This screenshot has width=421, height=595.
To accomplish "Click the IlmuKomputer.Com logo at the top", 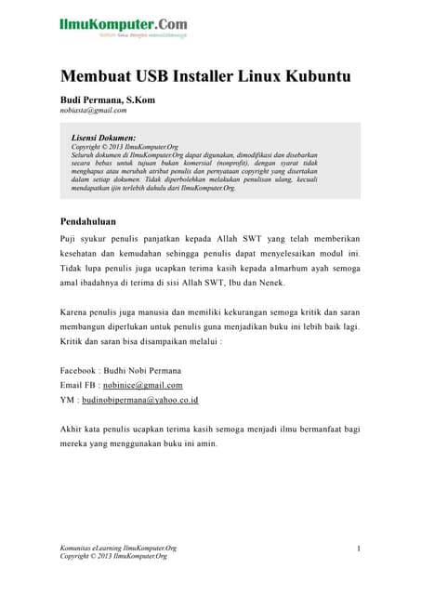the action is [x=124, y=25].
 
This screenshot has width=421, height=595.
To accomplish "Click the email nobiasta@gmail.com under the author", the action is [x=93, y=110].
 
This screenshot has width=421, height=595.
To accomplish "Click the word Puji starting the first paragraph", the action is [x=69, y=239].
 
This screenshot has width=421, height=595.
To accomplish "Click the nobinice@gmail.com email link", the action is [x=142, y=385].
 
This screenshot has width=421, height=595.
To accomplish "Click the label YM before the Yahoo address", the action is [x=67, y=400].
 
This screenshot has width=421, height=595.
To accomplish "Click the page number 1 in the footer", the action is [x=358, y=549].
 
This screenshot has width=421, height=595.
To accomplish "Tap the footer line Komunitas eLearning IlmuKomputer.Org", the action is [x=118, y=549].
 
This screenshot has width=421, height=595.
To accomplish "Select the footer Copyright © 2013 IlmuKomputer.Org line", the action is [x=113, y=557].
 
